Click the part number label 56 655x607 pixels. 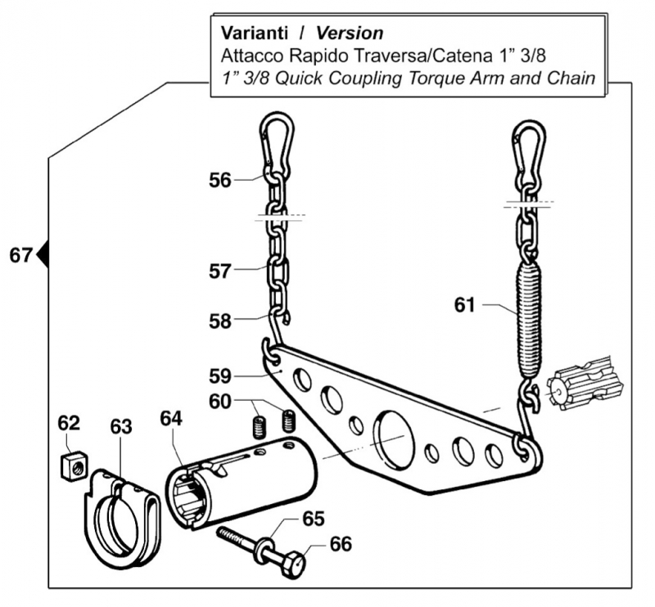coord(219,179)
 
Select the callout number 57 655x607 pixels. coord(219,270)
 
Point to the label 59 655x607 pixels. coord(219,376)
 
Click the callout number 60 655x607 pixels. coord(219,402)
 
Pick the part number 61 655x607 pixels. coord(465,305)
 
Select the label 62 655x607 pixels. coord(69,424)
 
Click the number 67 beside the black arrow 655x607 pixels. coord(21,255)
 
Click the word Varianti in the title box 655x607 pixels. coord(253,34)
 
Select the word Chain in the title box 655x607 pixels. coord(571,79)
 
